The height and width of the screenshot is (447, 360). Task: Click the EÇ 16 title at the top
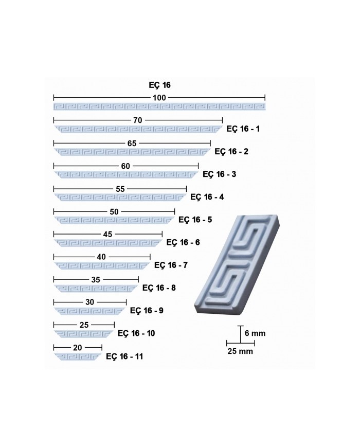pos(159,85)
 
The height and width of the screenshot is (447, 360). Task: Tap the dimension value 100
pos(159,98)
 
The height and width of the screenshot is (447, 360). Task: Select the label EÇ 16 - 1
pos(243,129)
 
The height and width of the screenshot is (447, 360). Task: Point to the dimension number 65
pos(132,143)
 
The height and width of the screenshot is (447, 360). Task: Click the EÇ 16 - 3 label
pos(219,174)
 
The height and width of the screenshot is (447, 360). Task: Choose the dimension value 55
pos(120,189)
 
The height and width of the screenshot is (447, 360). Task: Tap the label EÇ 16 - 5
pos(195,220)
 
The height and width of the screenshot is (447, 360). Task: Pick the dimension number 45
pos(107,235)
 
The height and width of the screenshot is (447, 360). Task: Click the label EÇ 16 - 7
pos(171,265)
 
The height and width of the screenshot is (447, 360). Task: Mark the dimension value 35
pos(96,280)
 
